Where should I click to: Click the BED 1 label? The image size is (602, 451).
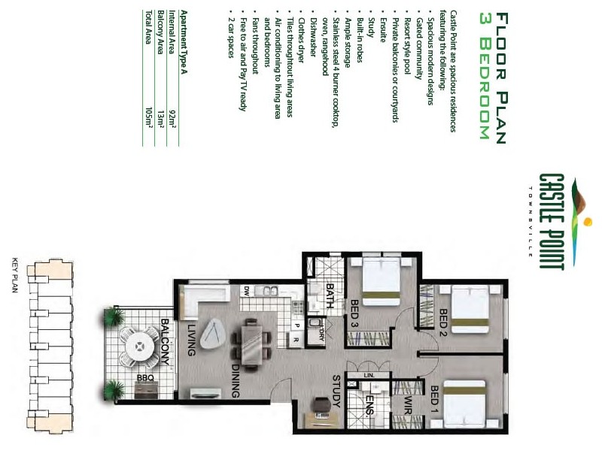(x=435, y=400)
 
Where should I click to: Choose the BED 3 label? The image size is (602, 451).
(x=354, y=313)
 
